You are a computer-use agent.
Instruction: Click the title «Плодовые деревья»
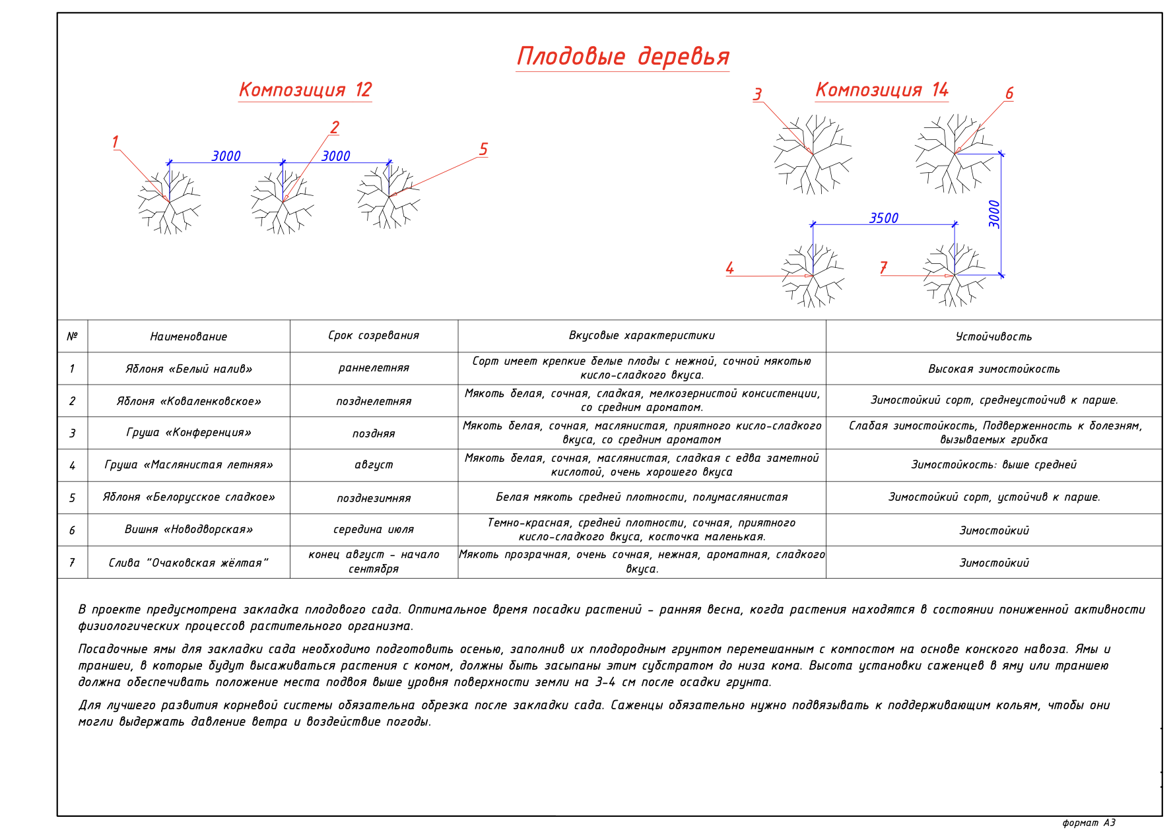pyautogui.click(x=622, y=57)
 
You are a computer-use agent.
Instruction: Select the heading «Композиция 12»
pyautogui.click(x=305, y=90)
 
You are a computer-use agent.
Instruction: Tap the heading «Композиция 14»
pyautogui.click(x=882, y=90)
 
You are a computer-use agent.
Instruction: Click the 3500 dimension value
pyautogui.click(x=884, y=218)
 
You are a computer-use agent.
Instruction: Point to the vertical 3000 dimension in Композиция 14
pyautogui.click(x=994, y=214)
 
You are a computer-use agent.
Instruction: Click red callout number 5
pyautogui.click(x=483, y=150)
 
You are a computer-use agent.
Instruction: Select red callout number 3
pyautogui.click(x=758, y=94)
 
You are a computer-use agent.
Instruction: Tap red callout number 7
pyautogui.click(x=884, y=268)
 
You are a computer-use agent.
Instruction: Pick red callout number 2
pyautogui.click(x=335, y=127)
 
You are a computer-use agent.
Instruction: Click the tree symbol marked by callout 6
pyautogui.click(x=955, y=154)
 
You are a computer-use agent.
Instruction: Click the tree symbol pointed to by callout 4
pyautogui.click(x=813, y=276)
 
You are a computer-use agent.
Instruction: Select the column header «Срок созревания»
pyautogui.click(x=374, y=336)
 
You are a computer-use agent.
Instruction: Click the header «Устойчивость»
pyautogui.click(x=993, y=336)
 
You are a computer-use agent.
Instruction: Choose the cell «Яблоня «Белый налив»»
pyautogui.click(x=189, y=369)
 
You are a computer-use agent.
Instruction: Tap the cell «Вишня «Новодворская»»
pyautogui.click(x=189, y=530)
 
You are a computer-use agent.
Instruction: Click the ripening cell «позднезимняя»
pyautogui.click(x=374, y=498)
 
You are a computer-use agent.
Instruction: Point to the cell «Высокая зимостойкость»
pyautogui.click(x=993, y=369)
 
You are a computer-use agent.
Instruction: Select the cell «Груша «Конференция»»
pyautogui.click(x=189, y=433)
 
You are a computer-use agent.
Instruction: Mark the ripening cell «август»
pyautogui.click(x=374, y=465)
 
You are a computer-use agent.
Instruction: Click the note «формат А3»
pyautogui.click(x=1089, y=823)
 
